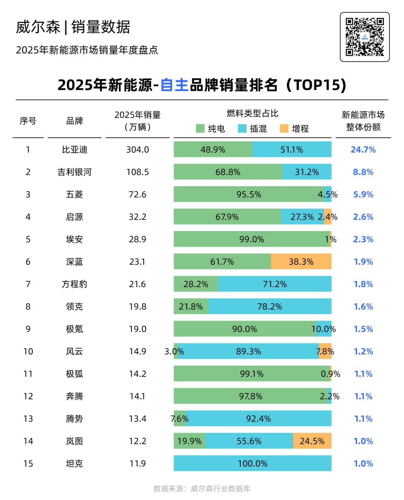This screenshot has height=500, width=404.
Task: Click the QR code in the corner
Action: point(364,37)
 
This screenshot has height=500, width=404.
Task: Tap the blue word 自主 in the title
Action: point(174,85)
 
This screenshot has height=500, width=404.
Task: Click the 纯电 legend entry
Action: point(211,129)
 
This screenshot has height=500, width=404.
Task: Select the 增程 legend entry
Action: point(294,129)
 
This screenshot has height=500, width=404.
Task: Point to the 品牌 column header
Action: point(74,121)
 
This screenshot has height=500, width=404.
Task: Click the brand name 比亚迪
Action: point(74,150)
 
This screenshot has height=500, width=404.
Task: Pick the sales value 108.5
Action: point(137,172)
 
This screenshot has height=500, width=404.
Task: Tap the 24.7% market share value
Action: point(363,150)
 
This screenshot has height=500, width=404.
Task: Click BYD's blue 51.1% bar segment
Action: point(292,150)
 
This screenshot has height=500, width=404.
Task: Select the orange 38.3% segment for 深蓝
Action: point(301,262)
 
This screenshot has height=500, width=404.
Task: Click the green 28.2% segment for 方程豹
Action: point(196,284)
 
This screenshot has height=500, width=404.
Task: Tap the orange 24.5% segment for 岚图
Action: point(312,441)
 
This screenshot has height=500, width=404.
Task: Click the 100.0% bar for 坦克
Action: point(252,463)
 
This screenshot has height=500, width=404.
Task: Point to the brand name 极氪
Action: point(74,329)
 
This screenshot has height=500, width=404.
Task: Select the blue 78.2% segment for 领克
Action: point(269,307)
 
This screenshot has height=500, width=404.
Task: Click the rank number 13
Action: point(28,418)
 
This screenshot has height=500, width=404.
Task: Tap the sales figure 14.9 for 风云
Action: point(137,351)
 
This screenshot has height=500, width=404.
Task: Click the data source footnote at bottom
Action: point(202,488)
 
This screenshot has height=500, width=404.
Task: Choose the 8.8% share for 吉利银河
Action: point(363,172)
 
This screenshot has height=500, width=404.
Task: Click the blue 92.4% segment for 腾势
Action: point(258,418)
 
